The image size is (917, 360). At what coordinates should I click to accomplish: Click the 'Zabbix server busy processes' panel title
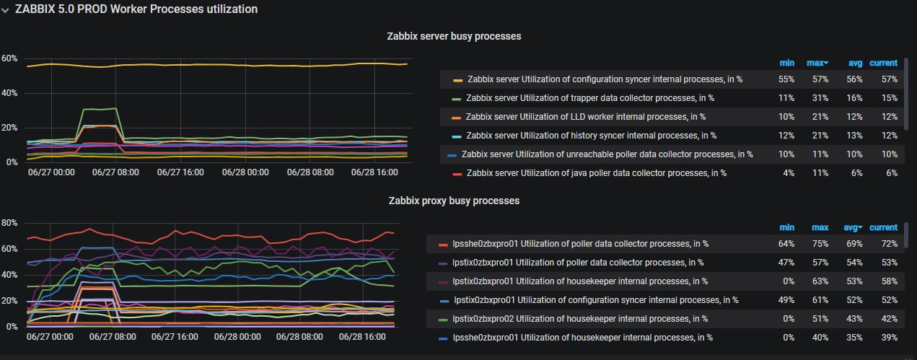point(454,36)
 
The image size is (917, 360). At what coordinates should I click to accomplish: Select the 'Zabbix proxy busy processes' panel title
point(454,201)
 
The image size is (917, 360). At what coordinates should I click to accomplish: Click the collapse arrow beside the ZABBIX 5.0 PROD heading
point(6,9)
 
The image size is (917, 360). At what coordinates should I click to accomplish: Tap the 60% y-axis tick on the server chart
point(9,58)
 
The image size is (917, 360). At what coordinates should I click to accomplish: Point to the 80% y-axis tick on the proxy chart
point(9,223)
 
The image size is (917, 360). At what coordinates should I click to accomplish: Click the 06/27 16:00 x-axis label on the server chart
point(180,172)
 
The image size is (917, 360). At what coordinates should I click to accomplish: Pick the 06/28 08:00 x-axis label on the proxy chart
point(308,337)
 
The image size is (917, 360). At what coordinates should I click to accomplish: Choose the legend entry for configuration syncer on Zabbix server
point(605,79)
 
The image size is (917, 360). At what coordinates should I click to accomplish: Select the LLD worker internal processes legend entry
point(585,117)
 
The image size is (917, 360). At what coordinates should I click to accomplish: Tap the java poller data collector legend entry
point(596,173)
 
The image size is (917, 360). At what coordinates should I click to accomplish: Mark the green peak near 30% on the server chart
point(101,109)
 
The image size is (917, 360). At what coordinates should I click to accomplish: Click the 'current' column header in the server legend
point(883,63)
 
